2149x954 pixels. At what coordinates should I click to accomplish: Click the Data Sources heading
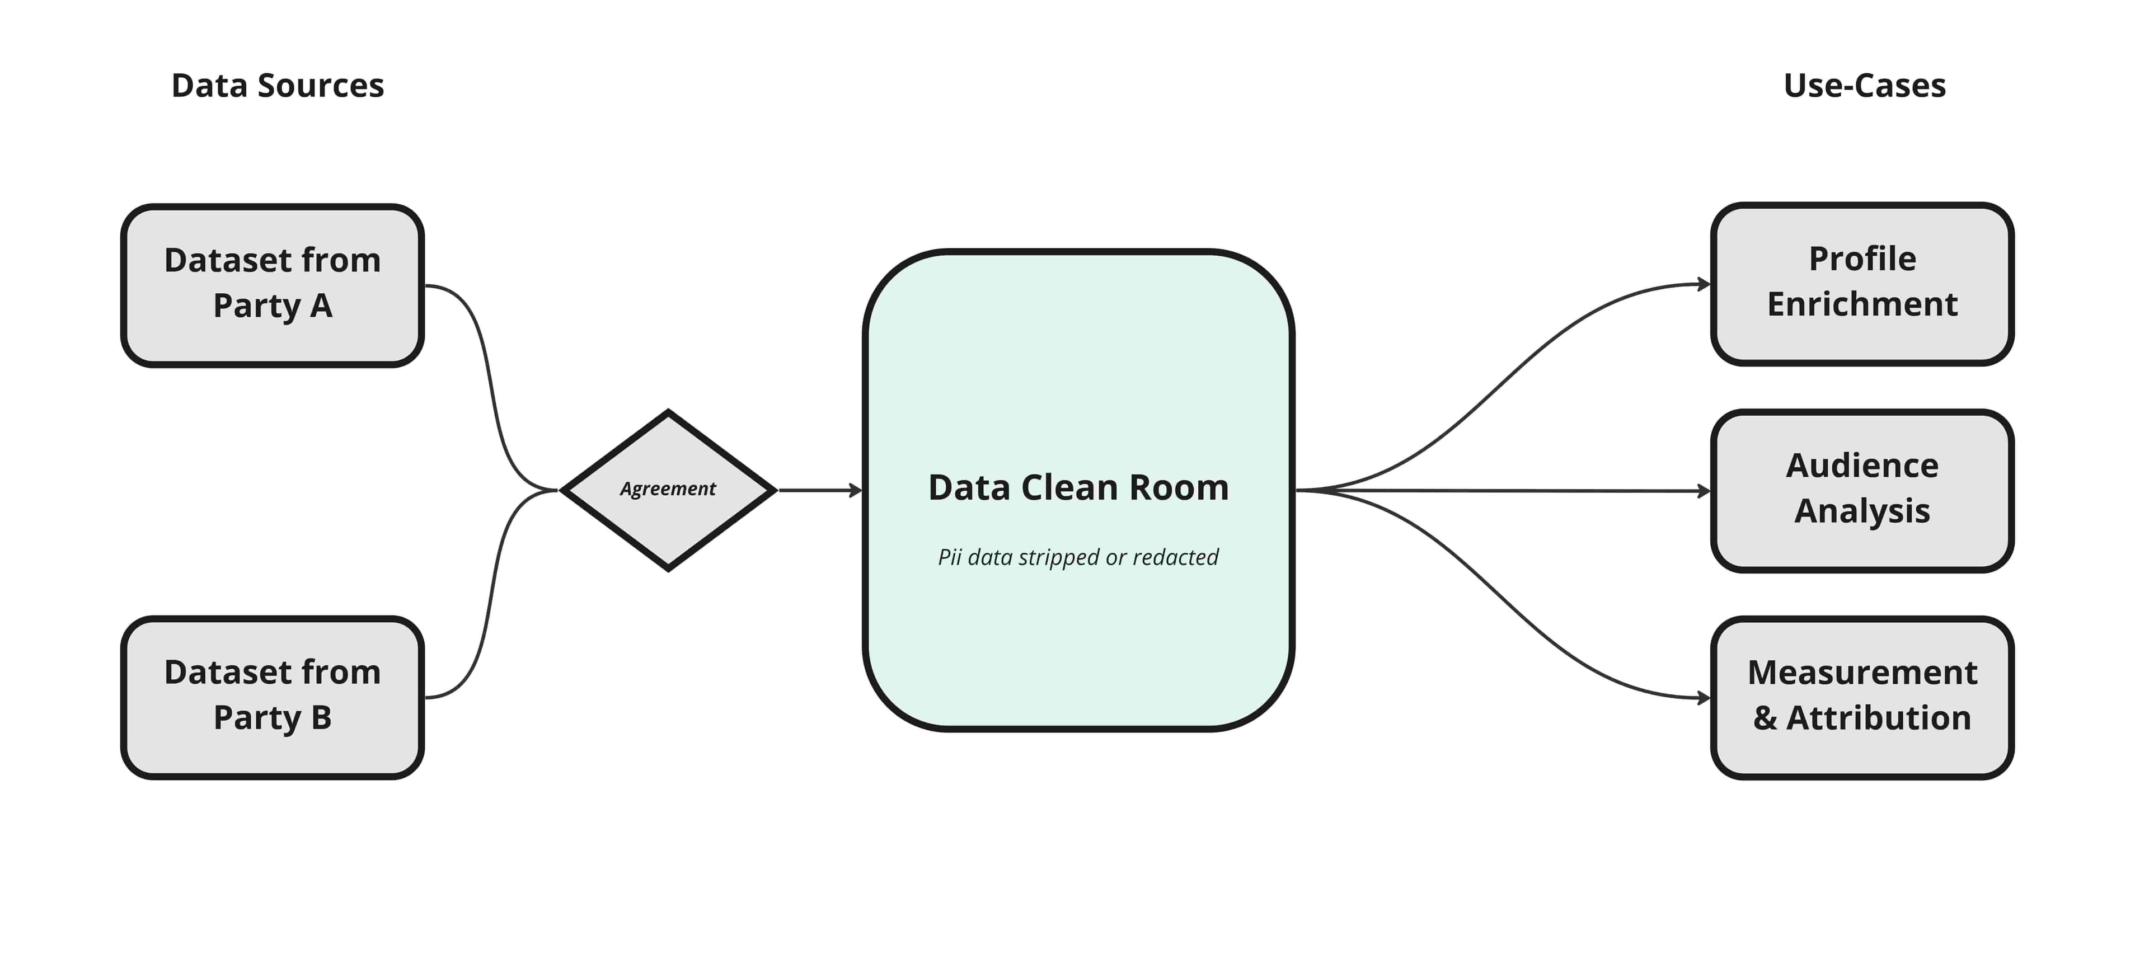click(x=277, y=86)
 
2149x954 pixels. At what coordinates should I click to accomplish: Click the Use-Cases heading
click(x=1864, y=86)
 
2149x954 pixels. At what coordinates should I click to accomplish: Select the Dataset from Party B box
click(x=272, y=697)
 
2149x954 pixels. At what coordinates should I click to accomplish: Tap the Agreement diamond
click(x=668, y=490)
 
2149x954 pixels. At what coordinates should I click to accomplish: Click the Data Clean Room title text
click(x=1078, y=488)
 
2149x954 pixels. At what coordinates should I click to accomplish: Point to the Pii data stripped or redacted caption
click(x=1078, y=557)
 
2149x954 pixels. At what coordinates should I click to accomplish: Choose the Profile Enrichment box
click(x=1862, y=284)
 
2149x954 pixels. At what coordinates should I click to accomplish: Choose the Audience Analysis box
click(x=1862, y=490)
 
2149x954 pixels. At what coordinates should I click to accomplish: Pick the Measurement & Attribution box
click(x=1862, y=697)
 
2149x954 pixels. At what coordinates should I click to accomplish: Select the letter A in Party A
click(x=322, y=306)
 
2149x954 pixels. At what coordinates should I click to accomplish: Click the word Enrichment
click(x=1862, y=304)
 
